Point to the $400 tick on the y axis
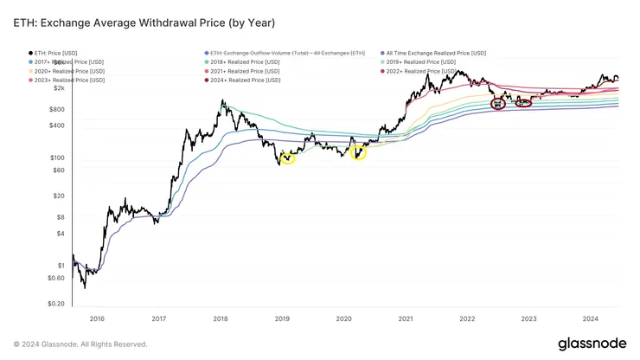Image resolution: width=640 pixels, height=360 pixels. click(56, 125)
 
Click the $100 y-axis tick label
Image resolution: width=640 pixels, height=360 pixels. click(56, 157)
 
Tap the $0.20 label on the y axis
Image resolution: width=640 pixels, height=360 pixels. click(54, 304)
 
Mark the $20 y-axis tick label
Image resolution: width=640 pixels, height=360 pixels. click(58, 196)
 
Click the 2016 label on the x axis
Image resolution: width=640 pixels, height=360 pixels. click(97, 319)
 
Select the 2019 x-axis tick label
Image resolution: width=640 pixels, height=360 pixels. click(282, 319)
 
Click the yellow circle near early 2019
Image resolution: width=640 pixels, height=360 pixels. click(288, 157)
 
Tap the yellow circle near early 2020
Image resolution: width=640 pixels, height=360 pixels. click(358, 153)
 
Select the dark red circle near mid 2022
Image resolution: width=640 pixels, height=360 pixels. click(498, 104)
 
